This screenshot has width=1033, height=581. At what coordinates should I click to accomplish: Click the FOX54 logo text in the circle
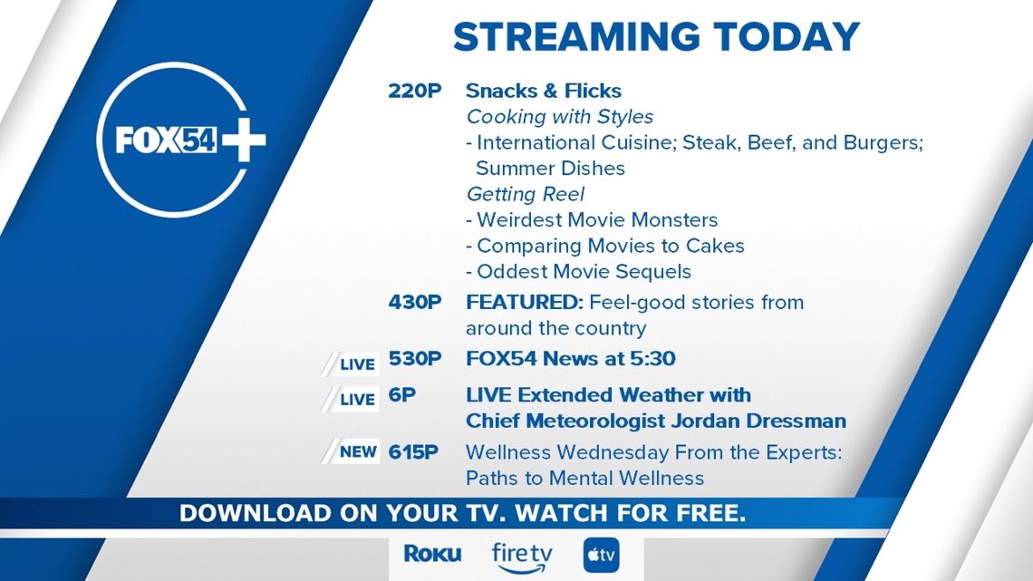tap(165, 140)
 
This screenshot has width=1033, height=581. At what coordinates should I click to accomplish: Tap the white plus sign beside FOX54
tap(244, 140)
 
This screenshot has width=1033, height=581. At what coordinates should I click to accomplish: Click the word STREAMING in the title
tap(576, 37)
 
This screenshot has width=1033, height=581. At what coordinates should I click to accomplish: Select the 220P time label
tap(414, 91)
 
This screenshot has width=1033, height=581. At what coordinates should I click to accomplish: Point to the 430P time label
tap(414, 303)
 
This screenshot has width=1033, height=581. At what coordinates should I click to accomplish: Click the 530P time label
tap(414, 359)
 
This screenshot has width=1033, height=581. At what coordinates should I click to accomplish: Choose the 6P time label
tap(401, 395)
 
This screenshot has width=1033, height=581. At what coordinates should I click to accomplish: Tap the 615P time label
tap(413, 452)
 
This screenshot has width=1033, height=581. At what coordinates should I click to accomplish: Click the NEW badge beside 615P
tap(351, 452)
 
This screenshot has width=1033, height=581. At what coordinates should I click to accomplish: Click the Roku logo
tap(432, 554)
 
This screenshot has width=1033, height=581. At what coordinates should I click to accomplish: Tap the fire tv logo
tap(522, 557)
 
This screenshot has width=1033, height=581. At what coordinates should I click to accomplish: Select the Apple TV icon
tap(601, 555)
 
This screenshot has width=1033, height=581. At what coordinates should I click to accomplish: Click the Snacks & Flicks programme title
tap(544, 91)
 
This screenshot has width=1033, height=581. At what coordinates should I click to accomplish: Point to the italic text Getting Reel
tap(525, 194)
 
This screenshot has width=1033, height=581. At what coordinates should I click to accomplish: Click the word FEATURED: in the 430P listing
tap(525, 303)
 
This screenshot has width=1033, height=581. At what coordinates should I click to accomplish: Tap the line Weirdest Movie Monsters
tap(592, 220)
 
